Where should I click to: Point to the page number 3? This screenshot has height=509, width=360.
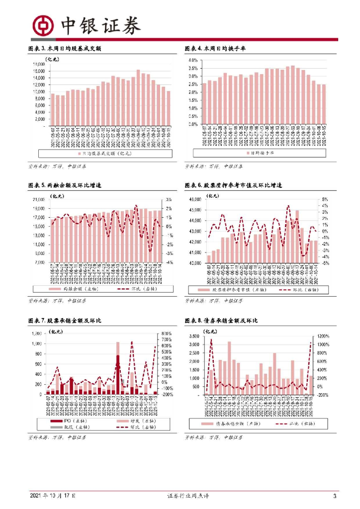point(335,496)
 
